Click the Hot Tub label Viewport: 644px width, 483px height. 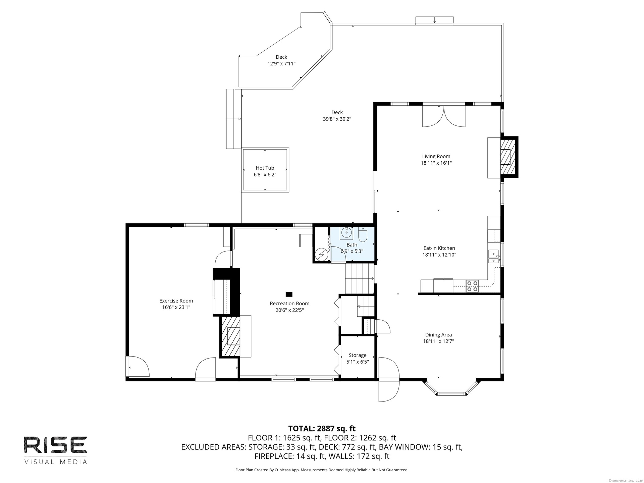pyautogui.click(x=265, y=168)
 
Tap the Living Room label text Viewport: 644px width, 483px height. pyautogui.click(x=436, y=156)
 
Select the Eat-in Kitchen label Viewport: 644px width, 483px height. pyautogui.click(x=439, y=248)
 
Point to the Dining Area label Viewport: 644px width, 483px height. pyautogui.click(x=438, y=335)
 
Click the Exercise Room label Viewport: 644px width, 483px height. pyautogui.click(x=176, y=301)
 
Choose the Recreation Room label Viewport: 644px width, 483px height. pyautogui.click(x=289, y=304)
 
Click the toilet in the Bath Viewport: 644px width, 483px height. pyautogui.click(x=363, y=234)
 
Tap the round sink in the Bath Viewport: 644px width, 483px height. pyautogui.click(x=346, y=232)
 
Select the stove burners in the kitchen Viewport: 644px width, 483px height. pyautogui.click(x=472, y=286)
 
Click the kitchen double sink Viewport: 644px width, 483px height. pyautogui.click(x=493, y=257)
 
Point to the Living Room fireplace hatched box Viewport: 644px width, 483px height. pyautogui.click(x=508, y=157)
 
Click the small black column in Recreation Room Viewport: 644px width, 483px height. pyautogui.click(x=289, y=294)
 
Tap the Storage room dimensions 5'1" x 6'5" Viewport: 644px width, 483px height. pyautogui.click(x=358, y=362)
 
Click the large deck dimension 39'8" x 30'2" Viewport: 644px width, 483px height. pyautogui.click(x=337, y=119)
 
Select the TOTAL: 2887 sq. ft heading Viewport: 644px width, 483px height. pyautogui.click(x=322, y=428)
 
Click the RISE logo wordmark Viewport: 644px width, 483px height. pyautogui.click(x=55, y=445)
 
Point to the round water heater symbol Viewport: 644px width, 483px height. pyautogui.click(x=321, y=254)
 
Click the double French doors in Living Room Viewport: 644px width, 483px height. pyautogui.click(x=444, y=116)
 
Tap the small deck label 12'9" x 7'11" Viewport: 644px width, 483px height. pyautogui.click(x=281, y=63)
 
